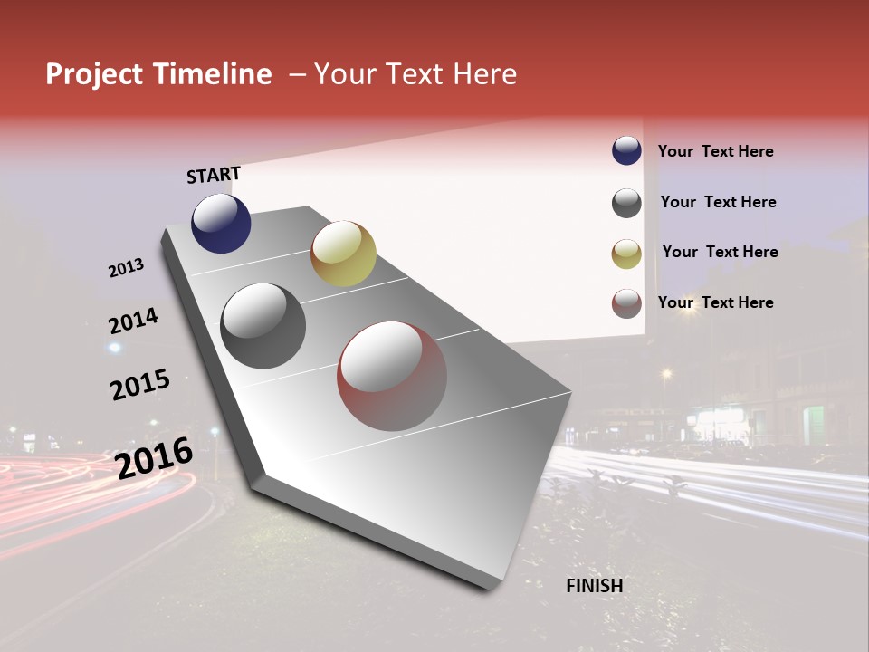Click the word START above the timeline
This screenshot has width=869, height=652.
pos(214,175)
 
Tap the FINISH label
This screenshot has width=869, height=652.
pos(595,586)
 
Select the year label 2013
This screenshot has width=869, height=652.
pos(127,268)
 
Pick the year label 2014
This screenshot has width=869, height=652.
pos(133,321)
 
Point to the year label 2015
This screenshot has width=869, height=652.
pos(140,384)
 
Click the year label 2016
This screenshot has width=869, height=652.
pos(154,457)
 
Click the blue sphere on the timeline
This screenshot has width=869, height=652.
pos(221,223)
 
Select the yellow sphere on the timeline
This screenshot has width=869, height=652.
pos(343,254)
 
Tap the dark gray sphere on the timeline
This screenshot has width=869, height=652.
pos(263,326)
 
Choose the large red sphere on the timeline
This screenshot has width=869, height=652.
pos(392,376)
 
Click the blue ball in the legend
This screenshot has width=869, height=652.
pos(626,151)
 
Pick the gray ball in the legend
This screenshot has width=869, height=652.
pos(626,203)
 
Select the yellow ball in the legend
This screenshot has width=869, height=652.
pos(626,254)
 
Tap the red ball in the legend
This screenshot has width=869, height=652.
pos(626,304)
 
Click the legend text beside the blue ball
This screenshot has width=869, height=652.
pos(715,152)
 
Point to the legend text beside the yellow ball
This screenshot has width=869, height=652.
pos(720,252)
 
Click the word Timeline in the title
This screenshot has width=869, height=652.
pos(211,74)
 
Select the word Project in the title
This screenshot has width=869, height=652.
pos(95,74)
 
